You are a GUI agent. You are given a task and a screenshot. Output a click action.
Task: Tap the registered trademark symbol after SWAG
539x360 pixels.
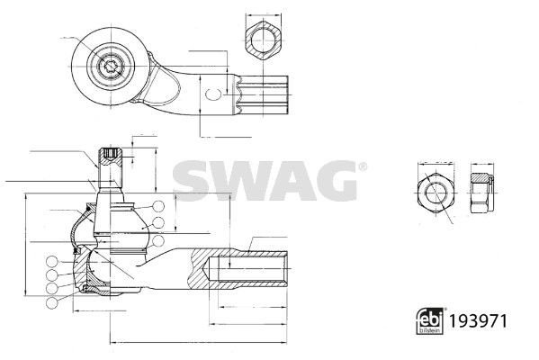pos(362,167)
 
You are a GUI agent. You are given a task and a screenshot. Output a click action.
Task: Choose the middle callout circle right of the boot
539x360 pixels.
pos(158,222)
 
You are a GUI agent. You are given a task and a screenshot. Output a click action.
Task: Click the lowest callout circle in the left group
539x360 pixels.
pos(51,303)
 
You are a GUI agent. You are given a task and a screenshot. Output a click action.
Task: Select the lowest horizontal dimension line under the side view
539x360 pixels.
pos(198,343)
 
